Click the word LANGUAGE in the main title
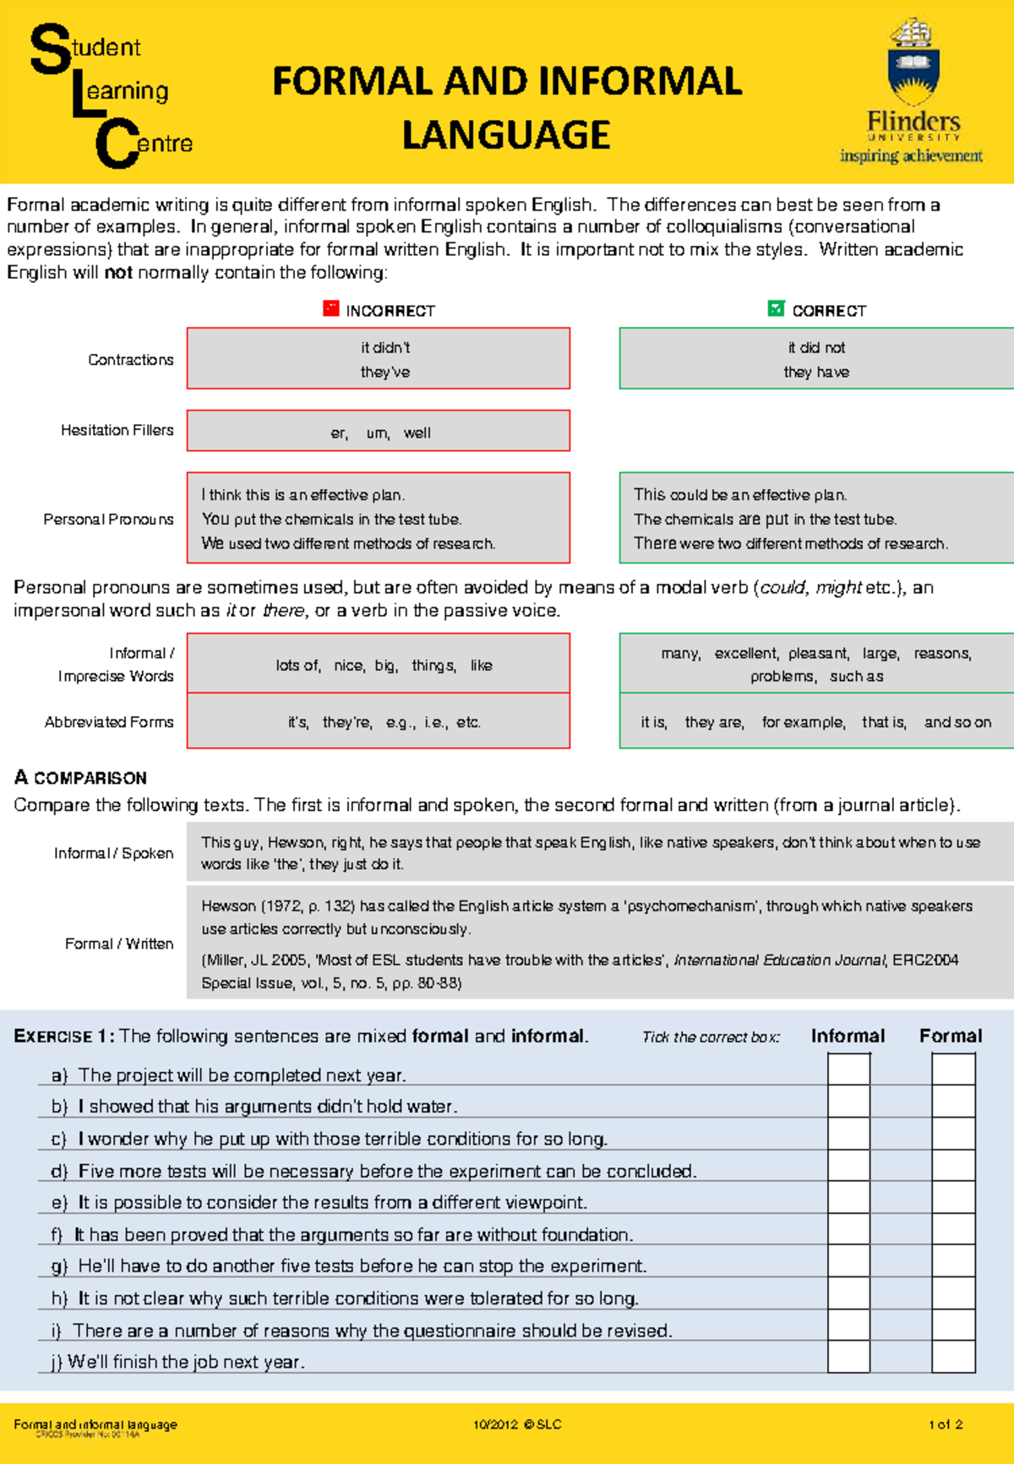505,135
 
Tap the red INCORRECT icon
331,308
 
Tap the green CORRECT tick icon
776,308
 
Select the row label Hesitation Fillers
117,430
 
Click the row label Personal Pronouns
108,519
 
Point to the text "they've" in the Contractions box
384,372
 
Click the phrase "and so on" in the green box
957,722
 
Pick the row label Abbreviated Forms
109,722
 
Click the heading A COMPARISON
80,777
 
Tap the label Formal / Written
119,944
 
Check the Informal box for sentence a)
848,1069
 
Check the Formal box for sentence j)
953,1356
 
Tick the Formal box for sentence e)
953,1197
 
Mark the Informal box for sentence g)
848,1261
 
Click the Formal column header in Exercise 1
951,1036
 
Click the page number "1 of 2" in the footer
946,1424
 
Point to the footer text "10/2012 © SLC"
517,1424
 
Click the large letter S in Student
50,49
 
